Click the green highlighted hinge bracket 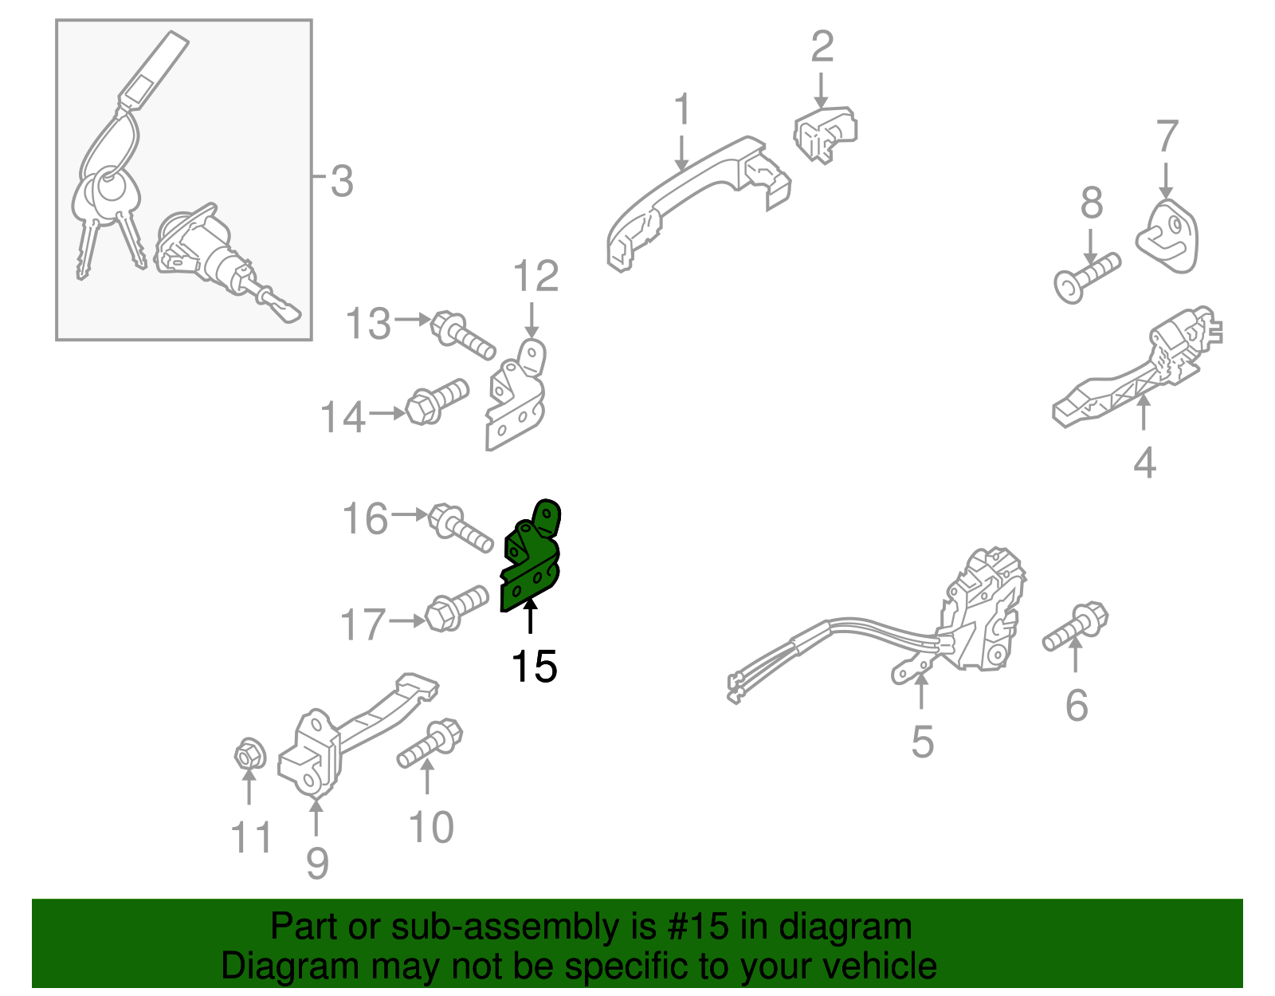click(x=530, y=562)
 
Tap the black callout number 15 click(x=534, y=667)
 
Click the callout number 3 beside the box click(x=341, y=182)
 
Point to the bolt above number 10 click(x=431, y=742)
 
